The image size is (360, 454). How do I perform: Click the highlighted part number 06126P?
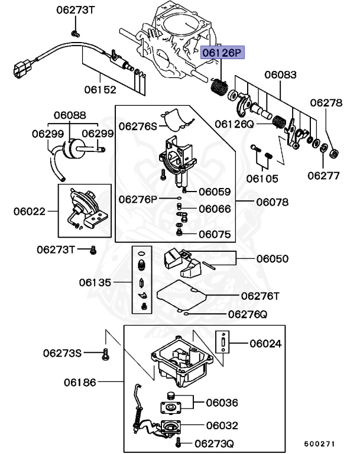(x=222, y=53)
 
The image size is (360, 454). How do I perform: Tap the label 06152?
(x=100, y=89)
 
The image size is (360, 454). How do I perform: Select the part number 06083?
(x=280, y=74)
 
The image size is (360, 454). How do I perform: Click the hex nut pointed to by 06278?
(x=334, y=153)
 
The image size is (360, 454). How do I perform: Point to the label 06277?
(x=323, y=176)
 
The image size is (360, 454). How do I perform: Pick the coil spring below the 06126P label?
(x=218, y=87)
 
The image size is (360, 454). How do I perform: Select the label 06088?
(x=70, y=115)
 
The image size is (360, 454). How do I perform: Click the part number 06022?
(x=29, y=212)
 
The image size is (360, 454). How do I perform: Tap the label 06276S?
(x=138, y=127)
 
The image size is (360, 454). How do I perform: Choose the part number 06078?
(x=273, y=202)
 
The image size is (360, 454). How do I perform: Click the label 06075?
(x=215, y=234)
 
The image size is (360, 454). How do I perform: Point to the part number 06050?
(x=273, y=258)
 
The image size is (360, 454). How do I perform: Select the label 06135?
(x=95, y=283)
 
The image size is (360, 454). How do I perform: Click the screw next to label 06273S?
(x=106, y=354)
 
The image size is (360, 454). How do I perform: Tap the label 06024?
(x=265, y=343)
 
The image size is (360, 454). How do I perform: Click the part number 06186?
(x=80, y=382)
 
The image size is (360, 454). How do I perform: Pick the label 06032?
(x=222, y=426)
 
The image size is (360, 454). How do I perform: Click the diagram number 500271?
(x=319, y=444)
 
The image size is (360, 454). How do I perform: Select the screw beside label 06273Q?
(x=179, y=442)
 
